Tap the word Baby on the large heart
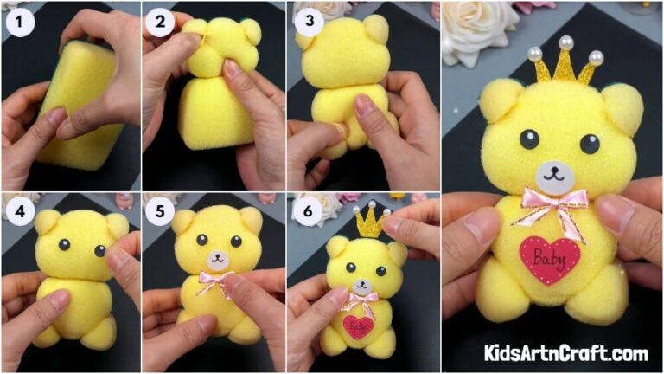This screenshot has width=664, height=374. (550, 255)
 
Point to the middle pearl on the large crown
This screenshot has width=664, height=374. (567, 42)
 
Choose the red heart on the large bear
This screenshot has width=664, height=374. (550, 257)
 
